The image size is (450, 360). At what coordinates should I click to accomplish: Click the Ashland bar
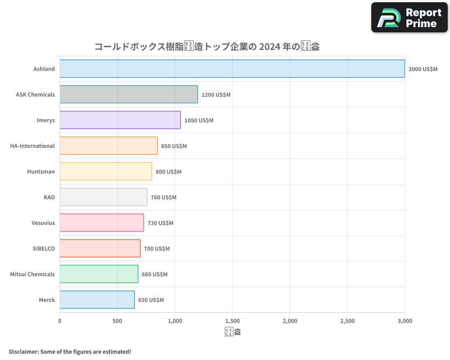[x=232, y=69]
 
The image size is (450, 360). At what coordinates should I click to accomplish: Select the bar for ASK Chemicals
[x=129, y=94]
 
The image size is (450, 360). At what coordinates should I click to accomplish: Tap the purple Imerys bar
[x=120, y=120]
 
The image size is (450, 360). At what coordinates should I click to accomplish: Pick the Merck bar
[x=97, y=300]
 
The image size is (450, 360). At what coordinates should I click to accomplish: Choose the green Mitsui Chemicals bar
[x=99, y=274]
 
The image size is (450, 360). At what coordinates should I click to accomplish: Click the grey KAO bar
[x=103, y=197]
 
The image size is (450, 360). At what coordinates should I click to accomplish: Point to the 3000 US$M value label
[x=423, y=69]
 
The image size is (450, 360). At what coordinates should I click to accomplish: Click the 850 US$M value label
[x=174, y=146]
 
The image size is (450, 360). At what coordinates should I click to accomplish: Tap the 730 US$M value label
[x=160, y=223]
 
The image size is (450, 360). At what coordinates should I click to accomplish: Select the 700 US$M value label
[x=157, y=249]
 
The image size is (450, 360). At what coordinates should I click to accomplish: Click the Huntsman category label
[x=41, y=172]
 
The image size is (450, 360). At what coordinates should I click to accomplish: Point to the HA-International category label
[x=32, y=146]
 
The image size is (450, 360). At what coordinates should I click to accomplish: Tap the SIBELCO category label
[x=44, y=249]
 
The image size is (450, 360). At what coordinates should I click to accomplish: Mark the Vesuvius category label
[x=43, y=223]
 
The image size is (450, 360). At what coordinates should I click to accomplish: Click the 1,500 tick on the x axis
[x=232, y=321]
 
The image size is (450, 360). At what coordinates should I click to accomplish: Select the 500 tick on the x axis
[x=117, y=321]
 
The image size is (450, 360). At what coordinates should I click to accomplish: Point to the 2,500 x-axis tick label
[x=347, y=321]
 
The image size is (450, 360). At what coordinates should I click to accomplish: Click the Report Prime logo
[x=409, y=18]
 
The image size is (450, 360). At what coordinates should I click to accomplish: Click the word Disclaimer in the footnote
[x=23, y=352]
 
